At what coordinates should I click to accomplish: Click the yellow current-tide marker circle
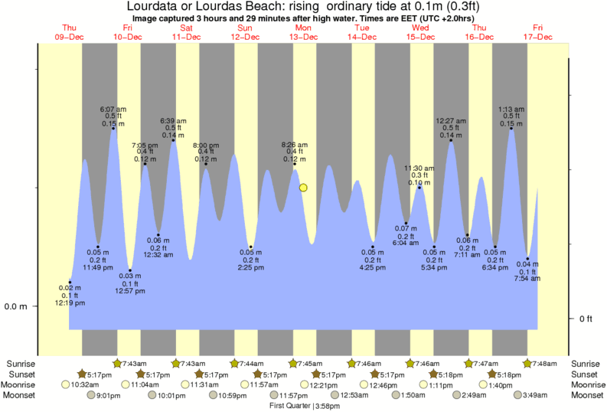304,188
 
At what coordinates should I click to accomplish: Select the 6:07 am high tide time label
113,109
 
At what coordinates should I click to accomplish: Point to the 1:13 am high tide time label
511,109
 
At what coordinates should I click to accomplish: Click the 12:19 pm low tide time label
70,303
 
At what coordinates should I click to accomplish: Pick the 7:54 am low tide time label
527,279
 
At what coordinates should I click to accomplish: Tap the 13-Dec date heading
304,36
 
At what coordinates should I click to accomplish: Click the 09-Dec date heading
70,36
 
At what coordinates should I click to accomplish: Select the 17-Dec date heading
539,36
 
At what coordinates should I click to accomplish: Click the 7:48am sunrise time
543,363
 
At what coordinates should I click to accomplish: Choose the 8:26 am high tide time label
295,145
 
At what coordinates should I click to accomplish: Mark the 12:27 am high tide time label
451,120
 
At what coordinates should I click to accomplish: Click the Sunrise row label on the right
586,363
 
